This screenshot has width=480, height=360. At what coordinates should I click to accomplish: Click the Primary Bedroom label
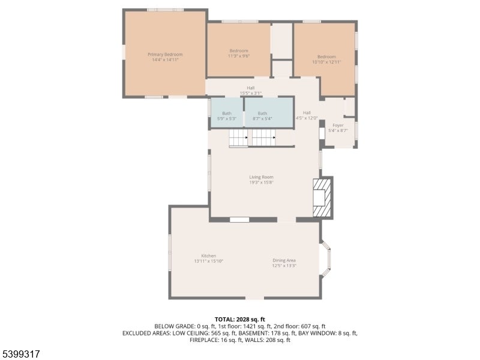click(165, 55)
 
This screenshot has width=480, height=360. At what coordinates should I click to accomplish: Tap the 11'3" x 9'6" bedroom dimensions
click(239, 56)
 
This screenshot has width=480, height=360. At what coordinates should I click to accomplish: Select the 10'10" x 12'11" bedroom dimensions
click(326, 62)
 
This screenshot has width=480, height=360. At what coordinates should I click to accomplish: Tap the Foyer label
click(338, 125)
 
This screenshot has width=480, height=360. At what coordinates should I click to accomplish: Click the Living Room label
click(261, 177)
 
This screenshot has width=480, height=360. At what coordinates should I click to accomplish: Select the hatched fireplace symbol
click(322, 198)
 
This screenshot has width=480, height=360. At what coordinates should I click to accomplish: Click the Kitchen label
click(208, 256)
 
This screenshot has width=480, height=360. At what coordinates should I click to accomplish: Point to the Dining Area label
click(284, 260)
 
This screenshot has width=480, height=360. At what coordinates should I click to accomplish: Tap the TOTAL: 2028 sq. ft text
click(239, 320)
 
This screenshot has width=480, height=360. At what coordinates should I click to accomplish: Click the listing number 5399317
click(20, 354)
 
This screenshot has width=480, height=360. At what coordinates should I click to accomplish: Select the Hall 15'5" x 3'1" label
click(251, 91)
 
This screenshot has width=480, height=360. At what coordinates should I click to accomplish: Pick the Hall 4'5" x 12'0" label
click(307, 115)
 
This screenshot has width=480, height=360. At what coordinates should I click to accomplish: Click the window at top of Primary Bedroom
click(166, 10)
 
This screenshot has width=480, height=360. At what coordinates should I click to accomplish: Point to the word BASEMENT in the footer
click(253, 333)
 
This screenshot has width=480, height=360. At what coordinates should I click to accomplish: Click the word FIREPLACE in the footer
click(204, 340)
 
